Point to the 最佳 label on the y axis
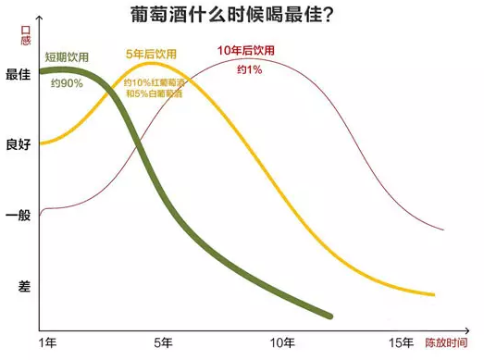point(18,76)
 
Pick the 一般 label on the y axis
point(18,215)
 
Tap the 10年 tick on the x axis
point(281,343)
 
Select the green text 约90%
point(66,83)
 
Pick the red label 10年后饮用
point(245,49)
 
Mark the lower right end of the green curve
point(330,317)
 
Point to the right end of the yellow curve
point(434,295)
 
